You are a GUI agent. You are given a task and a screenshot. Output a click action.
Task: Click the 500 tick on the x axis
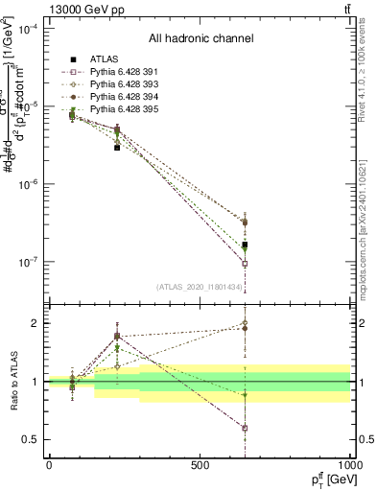point(200,464)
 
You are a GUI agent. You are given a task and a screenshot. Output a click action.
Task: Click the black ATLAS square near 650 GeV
point(245,245)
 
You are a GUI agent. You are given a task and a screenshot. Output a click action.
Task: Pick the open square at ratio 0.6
point(245,428)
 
